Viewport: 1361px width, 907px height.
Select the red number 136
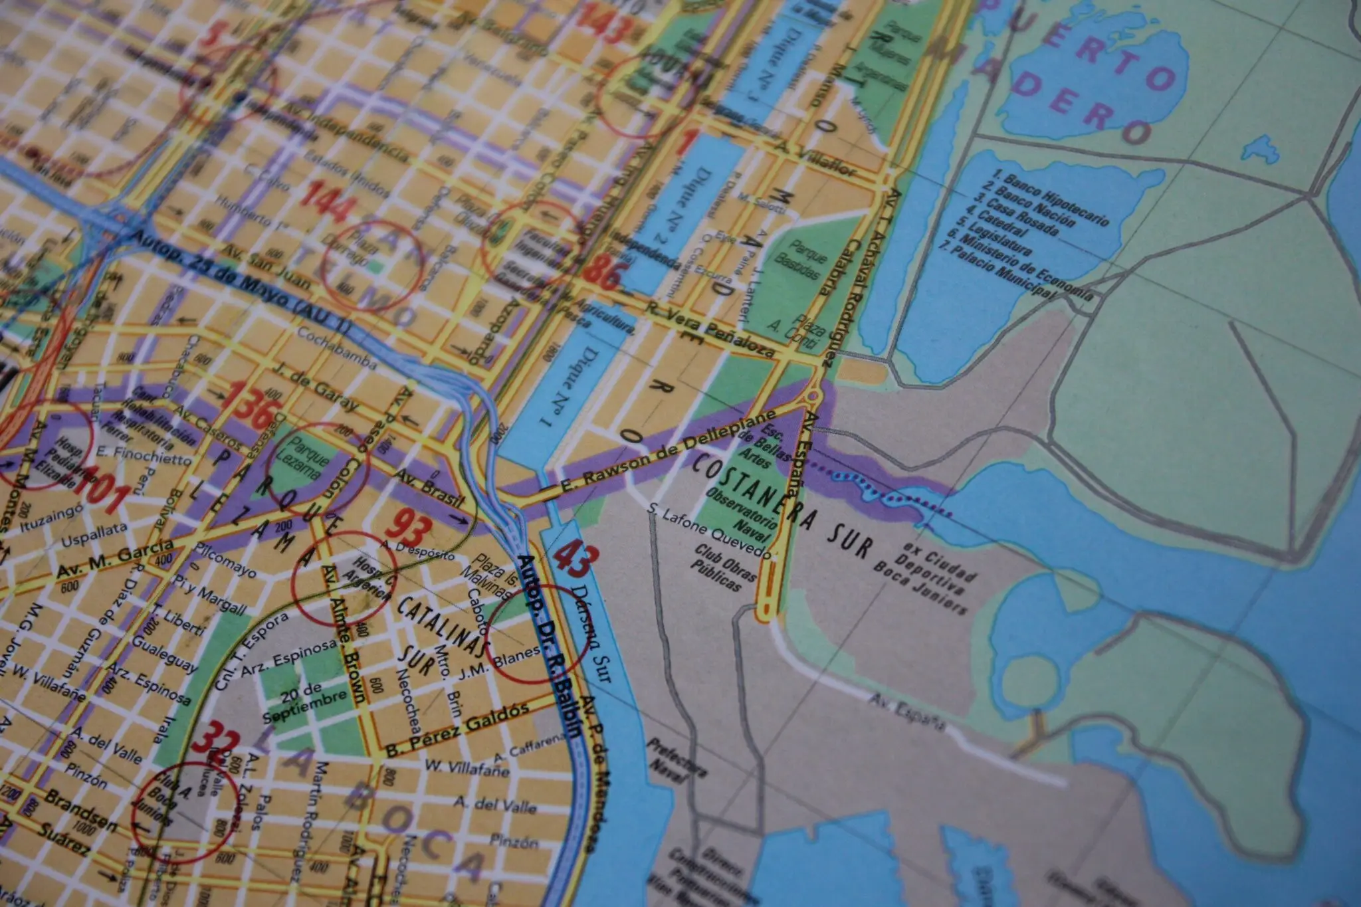point(247,405)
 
